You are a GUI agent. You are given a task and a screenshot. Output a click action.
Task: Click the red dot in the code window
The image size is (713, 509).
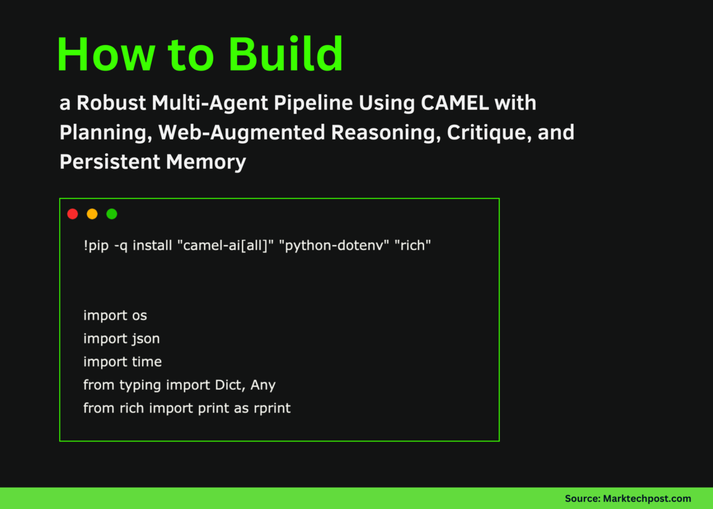[73, 214]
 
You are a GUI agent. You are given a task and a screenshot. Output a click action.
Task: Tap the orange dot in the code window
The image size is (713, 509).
[92, 214]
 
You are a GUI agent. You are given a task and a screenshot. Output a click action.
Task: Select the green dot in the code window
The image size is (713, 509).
[112, 214]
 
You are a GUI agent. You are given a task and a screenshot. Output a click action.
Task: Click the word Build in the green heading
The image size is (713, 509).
[286, 55]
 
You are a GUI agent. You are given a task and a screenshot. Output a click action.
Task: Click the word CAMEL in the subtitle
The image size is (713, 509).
[455, 103]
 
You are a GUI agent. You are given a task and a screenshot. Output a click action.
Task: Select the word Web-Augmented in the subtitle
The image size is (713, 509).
[238, 133]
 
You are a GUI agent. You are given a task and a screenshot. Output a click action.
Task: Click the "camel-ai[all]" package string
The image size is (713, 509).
[228, 246]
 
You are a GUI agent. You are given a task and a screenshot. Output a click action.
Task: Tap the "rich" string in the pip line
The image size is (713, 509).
[413, 246]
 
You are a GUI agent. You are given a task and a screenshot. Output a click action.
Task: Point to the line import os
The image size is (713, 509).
[115, 315]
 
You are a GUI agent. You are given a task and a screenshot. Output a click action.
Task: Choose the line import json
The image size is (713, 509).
[121, 339]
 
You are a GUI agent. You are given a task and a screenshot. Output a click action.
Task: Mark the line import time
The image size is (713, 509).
[122, 362]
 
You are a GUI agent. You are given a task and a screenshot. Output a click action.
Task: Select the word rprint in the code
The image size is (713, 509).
[272, 408]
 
